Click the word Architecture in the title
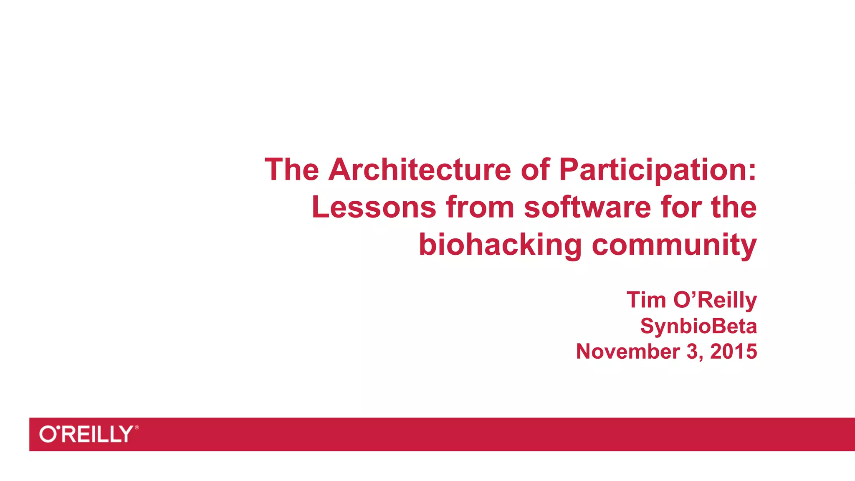(x=420, y=170)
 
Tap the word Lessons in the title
(x=374, y=207)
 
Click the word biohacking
(x=500, y=245)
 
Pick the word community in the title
(x=674, y=245)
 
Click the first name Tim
(x=646, y=300)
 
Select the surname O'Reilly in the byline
(x=715, y=300)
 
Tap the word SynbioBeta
(x=698, y=326)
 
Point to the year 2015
(x=734, y=352)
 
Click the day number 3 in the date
(x=693, y=352)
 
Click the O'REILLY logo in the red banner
(x=86, y=434)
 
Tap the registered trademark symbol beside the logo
(x=137, y=428)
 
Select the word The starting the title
(x=292, y=170)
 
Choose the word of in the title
(x=535, y=170)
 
